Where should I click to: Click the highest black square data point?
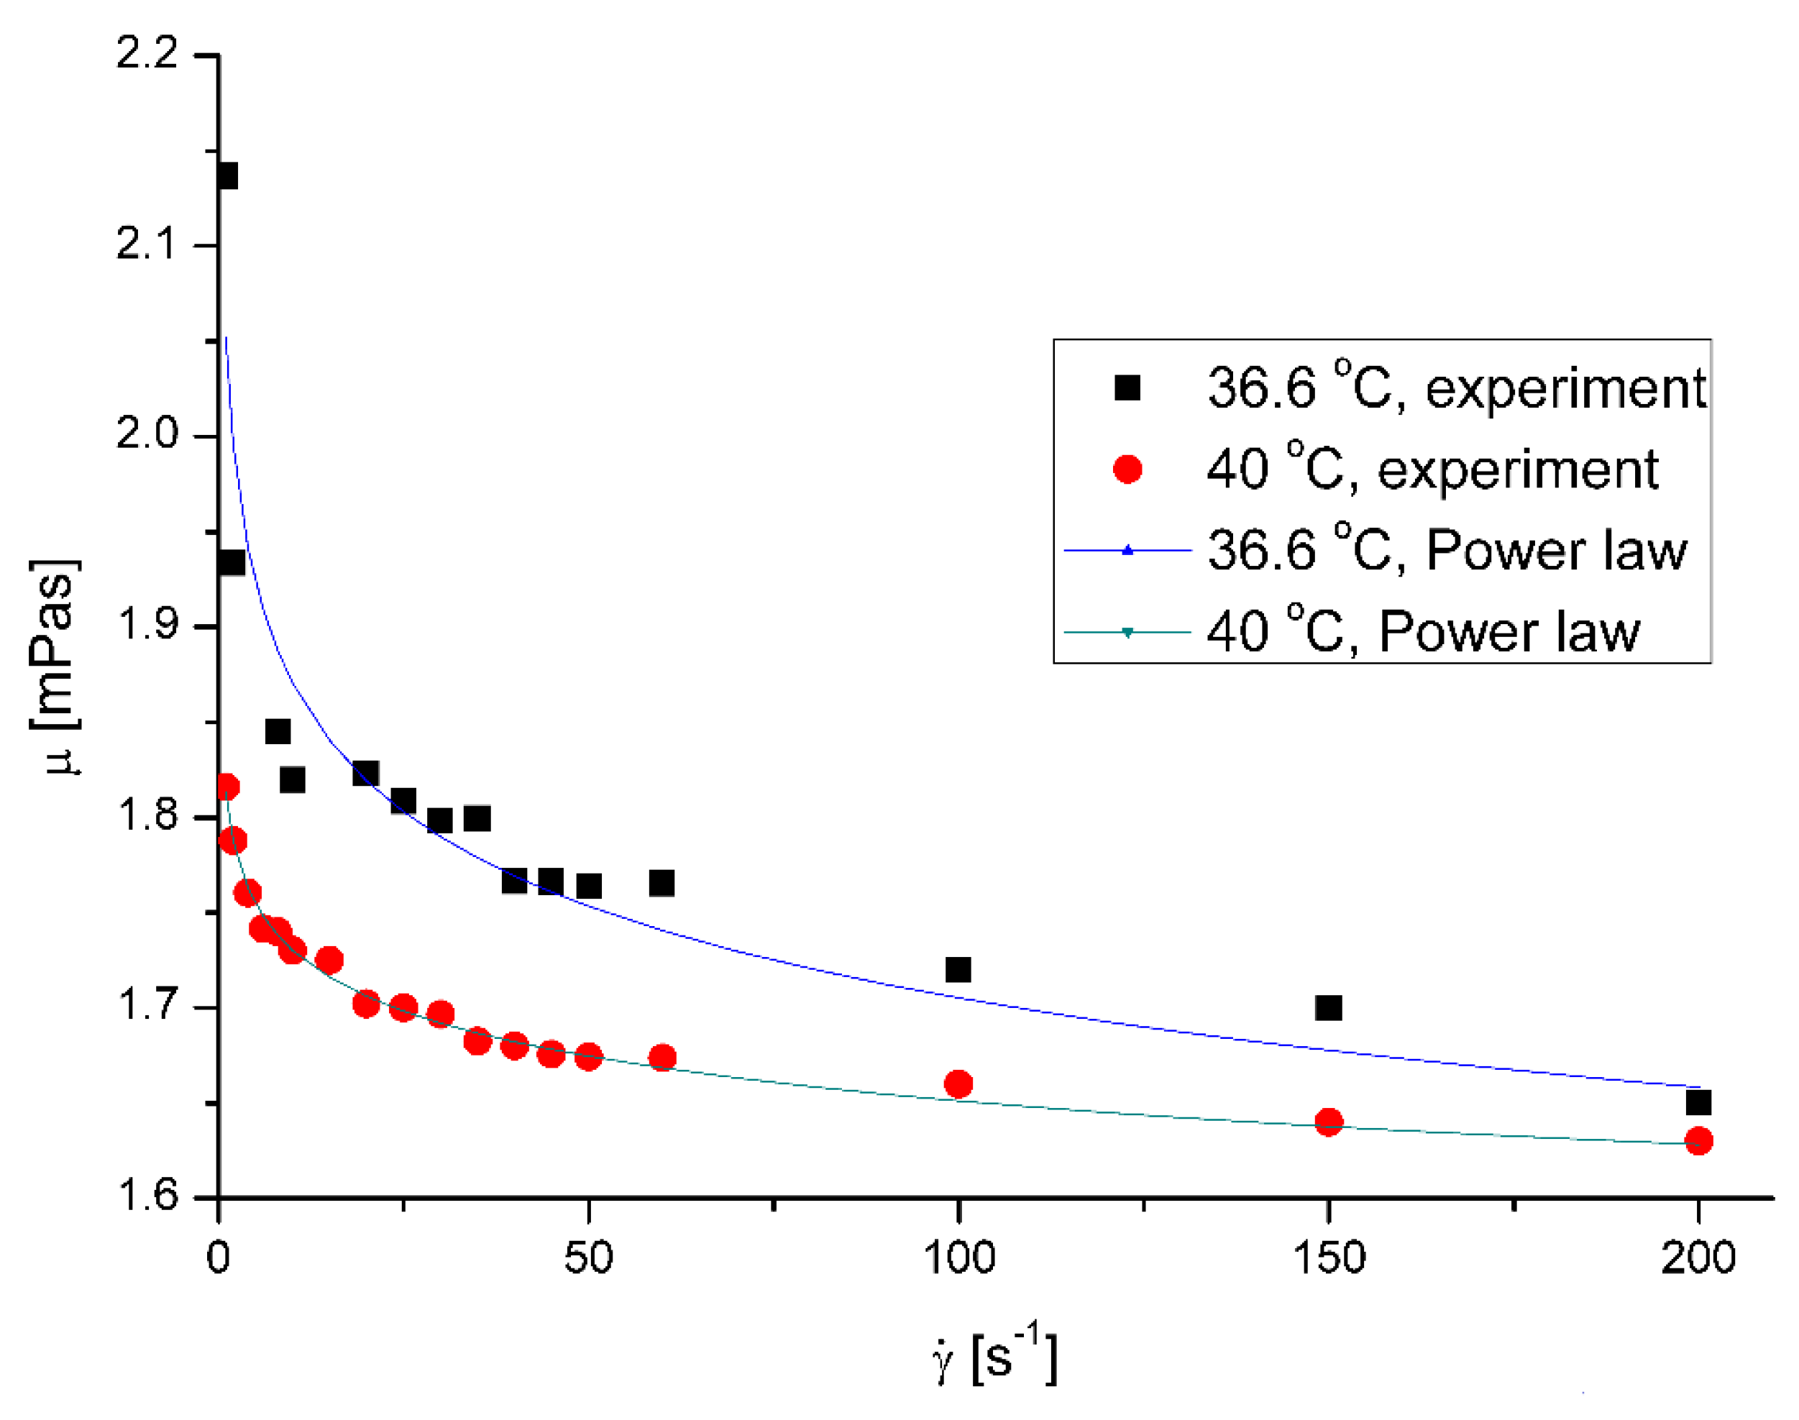coord(226,176)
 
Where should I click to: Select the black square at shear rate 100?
coord(958,969)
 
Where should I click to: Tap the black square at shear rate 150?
coord(1329,1007)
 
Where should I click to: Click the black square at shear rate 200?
coord(1698,1102)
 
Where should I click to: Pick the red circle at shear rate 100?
coord(958,1084)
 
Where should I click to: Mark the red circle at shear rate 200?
coord(1698,1140)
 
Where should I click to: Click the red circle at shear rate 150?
coord(1329,1122)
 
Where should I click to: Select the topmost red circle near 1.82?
coord(226,787)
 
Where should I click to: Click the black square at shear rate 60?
coord(662,883)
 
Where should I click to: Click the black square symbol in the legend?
coord(1127,388)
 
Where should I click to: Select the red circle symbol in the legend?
coord(1127,469)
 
